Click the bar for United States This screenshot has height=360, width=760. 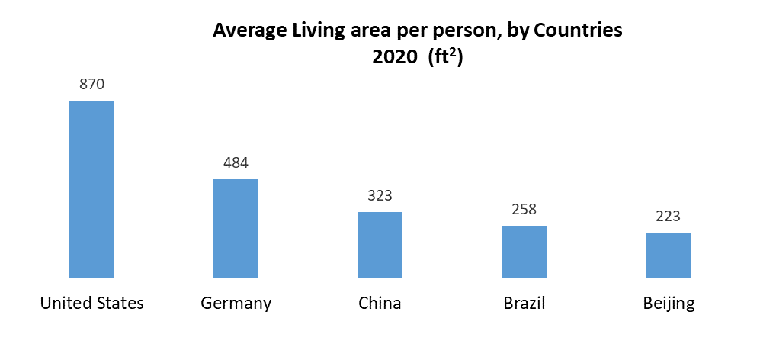pos(91,188)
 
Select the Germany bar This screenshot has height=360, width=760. pos(236,228)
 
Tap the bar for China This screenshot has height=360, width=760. pos(380,244)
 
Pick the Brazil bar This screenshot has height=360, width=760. pos(524,251)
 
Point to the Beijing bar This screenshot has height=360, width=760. pos(669,255)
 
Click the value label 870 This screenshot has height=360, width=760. pos(91,84)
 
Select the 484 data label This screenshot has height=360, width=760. pos(236,162)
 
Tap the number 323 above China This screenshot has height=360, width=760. pos(380,195)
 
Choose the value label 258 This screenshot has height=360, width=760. pos(524,209)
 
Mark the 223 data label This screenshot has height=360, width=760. pos(669,216)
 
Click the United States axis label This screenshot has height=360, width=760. pos(91,303)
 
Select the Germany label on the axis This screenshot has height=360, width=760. pos(236,303)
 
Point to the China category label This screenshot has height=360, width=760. pos(380,303)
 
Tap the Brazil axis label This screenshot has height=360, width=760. pos(524,303)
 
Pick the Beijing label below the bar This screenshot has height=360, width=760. pos(669,303)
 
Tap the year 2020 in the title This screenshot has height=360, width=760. pos(392,58)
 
